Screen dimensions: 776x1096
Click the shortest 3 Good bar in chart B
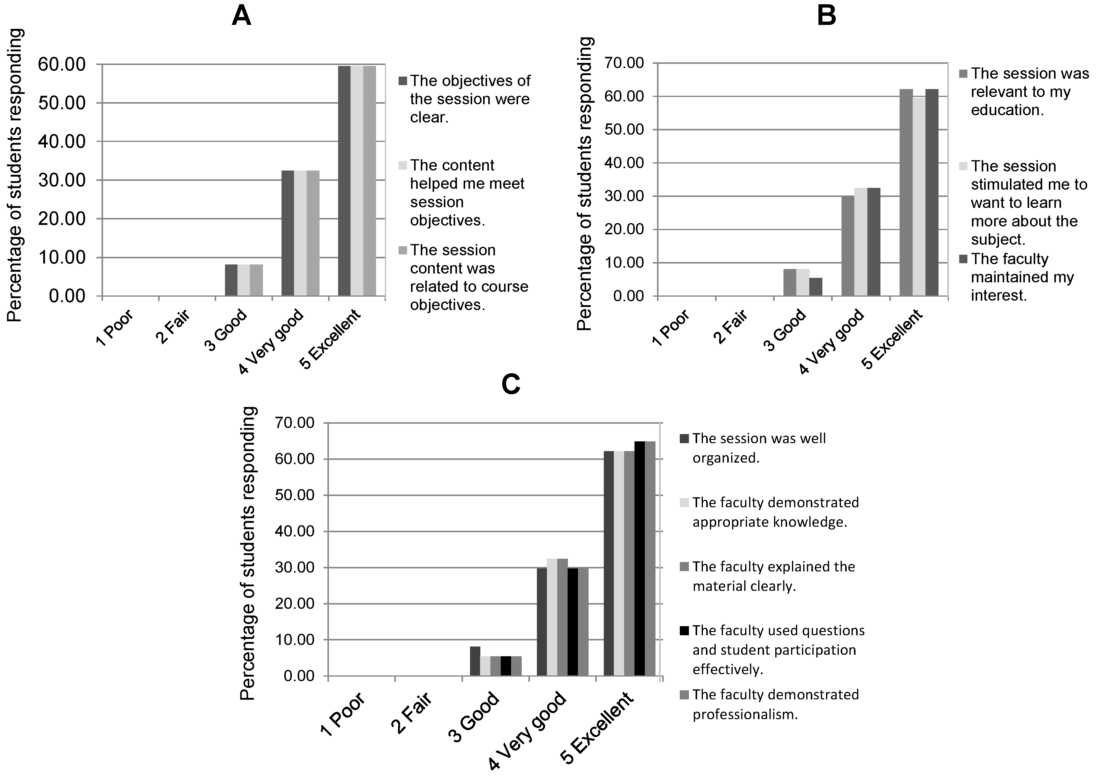pyautogui.click(x=815, y=287)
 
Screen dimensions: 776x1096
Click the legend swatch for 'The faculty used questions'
pyautogui.click(x=684, y=631)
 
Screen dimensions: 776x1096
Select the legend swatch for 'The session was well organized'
pyautogui.click(x=684, y=438)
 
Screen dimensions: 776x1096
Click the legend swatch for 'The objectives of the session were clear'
pyautogui.click(x=403, y=81)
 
